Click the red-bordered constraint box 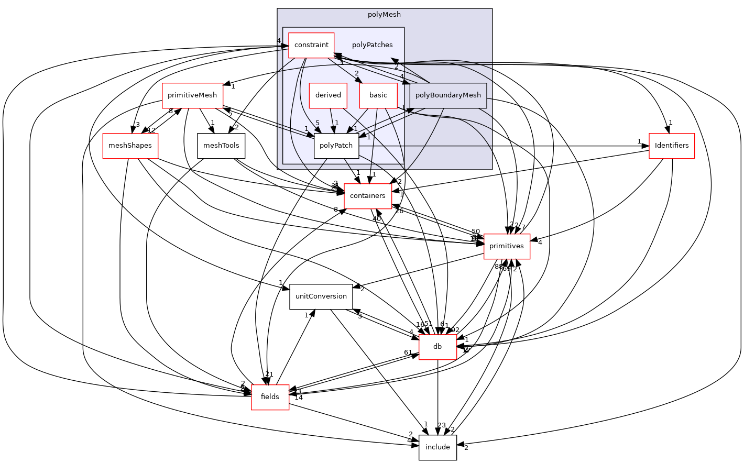tap(311, 45)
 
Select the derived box tap(328, 95)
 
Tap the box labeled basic tap(378, 95)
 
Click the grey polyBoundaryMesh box tap(448, 95)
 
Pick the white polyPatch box tap(336, 146)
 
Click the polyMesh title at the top tap(384, 15)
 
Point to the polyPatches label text tap(372, 45)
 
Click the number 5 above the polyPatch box tap(318, 123)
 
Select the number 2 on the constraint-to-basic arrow tap(357, 73)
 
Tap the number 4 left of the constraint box tap(279, 41)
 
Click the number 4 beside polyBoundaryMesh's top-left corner tap(402, 76)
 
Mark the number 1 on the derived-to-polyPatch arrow tap(337, 123)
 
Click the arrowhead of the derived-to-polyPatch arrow tap(334, 129)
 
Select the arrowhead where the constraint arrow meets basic tap(359, 80)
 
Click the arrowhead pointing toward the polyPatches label tap(395, 61)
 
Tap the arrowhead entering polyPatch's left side tap(310, 135)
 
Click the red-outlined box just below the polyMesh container tap(368, 196)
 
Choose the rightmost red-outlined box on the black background tap(672, 146)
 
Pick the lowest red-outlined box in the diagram tap(270, 398)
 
